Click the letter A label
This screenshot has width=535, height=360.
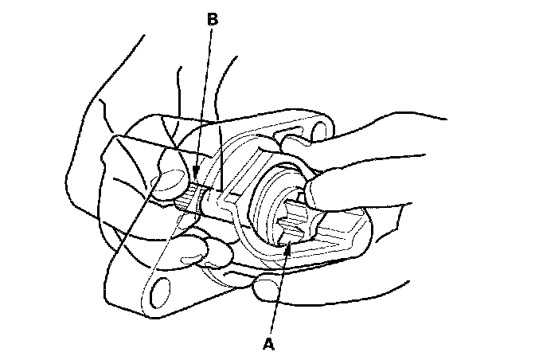[x=270, y=345]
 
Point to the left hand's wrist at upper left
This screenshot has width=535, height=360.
[x=119, y=72]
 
